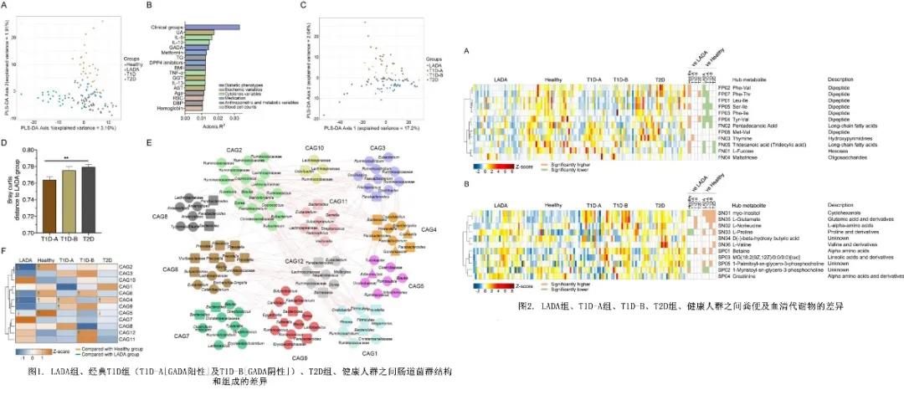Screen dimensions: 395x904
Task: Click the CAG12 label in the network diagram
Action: pos(294,261)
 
